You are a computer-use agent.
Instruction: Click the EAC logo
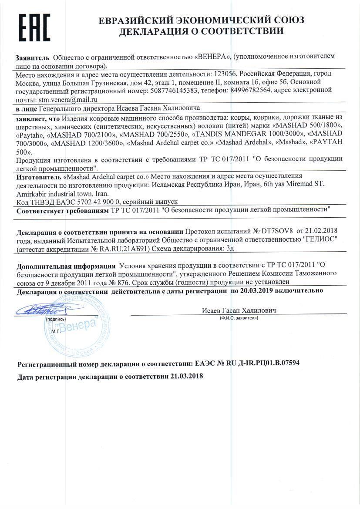[x=34, y=27]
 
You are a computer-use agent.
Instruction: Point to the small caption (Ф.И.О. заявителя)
[x=239, y=318]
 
